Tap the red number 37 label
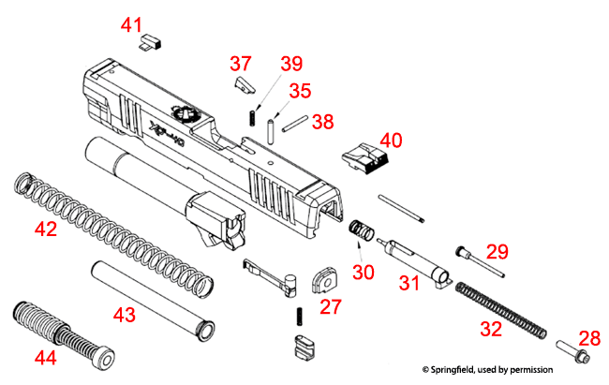click(x=241, y=64)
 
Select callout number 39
click(x=291, y=64)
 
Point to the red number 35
click(x=299, y=91)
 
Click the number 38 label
click(x=322, y=121)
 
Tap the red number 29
click(x=497, y=252)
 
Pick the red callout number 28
click(x=588, y=336)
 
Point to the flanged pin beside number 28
click(x=572, y=354)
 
